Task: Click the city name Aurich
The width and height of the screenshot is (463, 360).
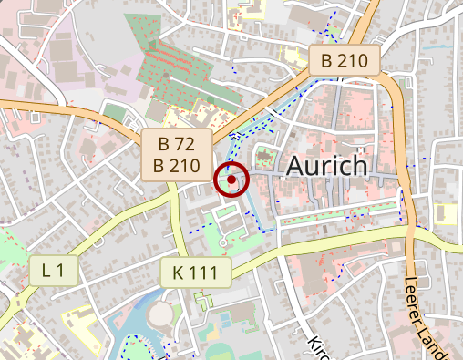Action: coord(327,166)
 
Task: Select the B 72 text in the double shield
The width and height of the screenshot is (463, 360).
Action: coord(177,143)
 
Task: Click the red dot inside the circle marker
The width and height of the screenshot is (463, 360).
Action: coord(232,180)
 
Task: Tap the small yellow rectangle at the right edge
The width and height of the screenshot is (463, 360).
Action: coord(446,213)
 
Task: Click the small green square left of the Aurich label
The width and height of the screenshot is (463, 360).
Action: coord(266,154)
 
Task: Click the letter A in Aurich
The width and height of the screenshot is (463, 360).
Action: coord(298,166)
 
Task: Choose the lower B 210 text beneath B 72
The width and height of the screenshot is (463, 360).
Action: coord(177,165)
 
